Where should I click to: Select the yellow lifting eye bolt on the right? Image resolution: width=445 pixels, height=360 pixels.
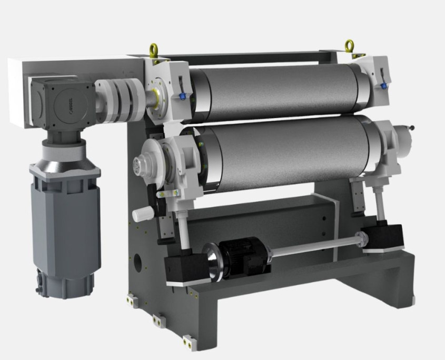point(349,46)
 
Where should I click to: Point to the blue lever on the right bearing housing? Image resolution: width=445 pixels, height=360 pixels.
point(383,84)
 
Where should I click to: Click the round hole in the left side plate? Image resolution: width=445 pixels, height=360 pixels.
point(139,261)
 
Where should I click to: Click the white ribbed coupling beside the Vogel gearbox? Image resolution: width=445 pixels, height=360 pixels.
point(119,99)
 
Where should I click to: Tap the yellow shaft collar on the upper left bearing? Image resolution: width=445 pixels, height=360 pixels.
point(156,97)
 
